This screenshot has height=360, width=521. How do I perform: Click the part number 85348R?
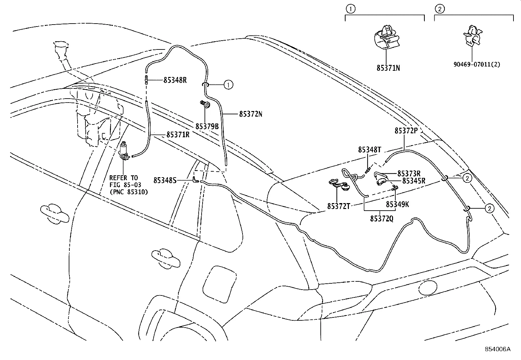click(175, 80)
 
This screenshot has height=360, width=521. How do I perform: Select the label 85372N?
click(251, 114)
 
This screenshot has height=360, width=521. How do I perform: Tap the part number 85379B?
click(207, 126)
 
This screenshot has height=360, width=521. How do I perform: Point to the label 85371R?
click(178, 135)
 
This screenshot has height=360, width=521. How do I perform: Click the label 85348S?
click(165, 180)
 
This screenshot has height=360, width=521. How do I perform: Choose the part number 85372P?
click(406, 130)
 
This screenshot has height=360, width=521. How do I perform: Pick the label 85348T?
click(369, 150)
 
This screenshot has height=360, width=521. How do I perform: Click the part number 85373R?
click(409, 173)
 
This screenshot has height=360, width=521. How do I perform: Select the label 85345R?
click(414, 180)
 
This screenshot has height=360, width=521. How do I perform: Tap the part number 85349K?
click(397, 204)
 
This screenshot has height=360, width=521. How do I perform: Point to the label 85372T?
click(339, 206)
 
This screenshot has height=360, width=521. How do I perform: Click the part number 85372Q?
click(382, 218)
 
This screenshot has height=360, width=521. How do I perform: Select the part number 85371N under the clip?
click(388, 68)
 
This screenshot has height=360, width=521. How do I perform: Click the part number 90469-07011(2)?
click(476, 65)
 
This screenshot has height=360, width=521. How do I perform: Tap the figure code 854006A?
click(497, 349)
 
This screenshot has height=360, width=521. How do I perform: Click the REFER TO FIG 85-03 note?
click(128, 185)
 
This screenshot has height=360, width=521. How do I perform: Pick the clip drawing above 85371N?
click(386, 36)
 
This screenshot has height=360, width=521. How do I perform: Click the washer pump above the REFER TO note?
click(125, 152)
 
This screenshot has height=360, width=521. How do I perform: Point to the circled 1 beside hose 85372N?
click(228, 85)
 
